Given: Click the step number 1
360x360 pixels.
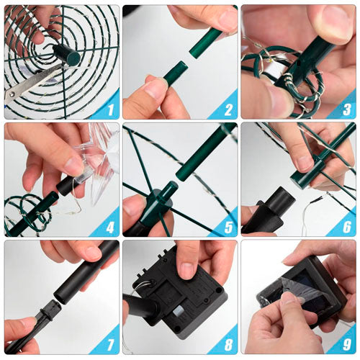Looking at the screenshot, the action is pos(110,109).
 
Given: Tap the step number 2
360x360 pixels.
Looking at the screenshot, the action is pos(228,109).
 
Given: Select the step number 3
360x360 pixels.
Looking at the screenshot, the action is pos(347,109).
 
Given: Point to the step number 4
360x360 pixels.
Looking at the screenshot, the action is pos(110,227).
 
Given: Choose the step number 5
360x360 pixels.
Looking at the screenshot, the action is pos(228,227).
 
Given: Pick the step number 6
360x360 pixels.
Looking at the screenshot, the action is pos(347,227).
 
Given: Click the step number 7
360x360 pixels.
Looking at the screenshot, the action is pos(110,345).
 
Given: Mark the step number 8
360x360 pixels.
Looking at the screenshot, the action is pos(228,345).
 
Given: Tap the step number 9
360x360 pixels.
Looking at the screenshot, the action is pos(347,345).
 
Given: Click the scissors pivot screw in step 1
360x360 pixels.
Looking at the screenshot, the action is pos(12,94).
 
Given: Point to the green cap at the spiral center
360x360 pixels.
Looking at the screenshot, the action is pos(67,55).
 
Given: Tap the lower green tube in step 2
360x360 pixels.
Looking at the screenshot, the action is pos(176,73).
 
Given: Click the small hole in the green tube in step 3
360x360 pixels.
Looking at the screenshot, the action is pos(299,65).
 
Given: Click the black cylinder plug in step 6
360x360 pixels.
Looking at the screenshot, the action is pos(281,200).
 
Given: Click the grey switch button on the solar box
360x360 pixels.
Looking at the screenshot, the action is pos(178,312).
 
